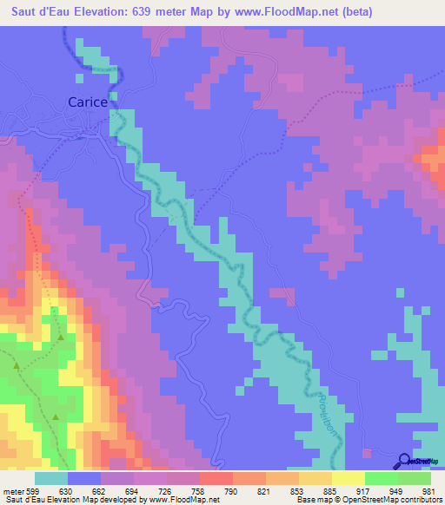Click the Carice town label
coord(88,102)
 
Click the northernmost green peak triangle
coord(61,338)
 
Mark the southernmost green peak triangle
coord(56,418)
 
